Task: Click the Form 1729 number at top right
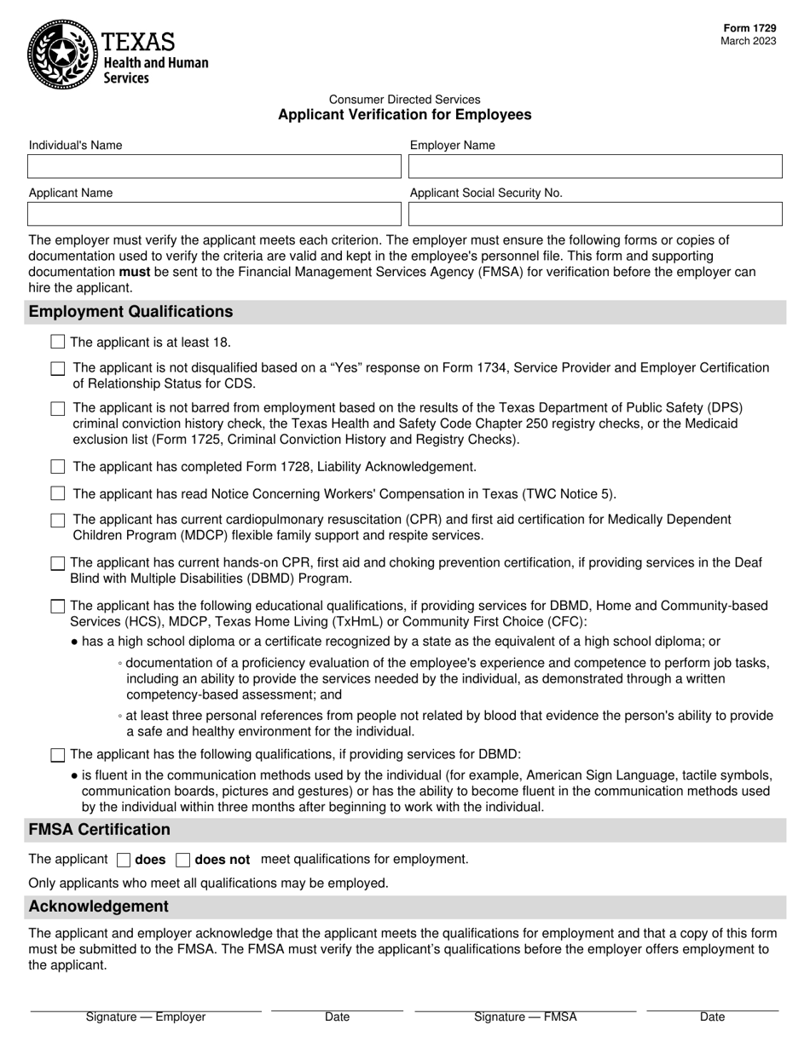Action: click(749, 28)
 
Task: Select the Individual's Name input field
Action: click(214, 166)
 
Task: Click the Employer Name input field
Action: click(595, 166)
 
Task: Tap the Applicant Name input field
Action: click(214, 214)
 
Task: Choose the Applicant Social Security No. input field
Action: click(595, 214)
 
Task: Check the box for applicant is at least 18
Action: click(57, 342)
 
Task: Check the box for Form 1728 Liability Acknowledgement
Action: click(57, 467)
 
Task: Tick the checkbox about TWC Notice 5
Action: click(57, 493)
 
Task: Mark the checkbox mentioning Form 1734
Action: click(57, 369)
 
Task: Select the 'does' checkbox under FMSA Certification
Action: click(123, 860)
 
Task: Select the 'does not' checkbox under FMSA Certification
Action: click(182, 860)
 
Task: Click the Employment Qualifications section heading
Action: click(130, 312)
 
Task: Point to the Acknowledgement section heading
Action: click(99, 906)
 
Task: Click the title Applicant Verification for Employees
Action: click(404, 115)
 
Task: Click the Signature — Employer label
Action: click(146, 1016)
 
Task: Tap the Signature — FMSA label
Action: click(525, 1016)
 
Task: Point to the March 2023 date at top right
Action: click(748, 41)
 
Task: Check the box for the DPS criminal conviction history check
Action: click(57, 409)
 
